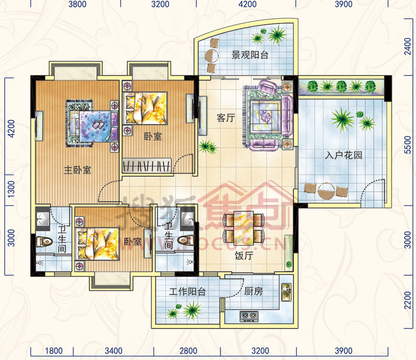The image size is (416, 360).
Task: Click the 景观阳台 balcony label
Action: click(250, 55)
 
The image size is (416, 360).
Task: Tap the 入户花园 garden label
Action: click(343, 155)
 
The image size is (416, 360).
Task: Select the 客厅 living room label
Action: click(226, 118)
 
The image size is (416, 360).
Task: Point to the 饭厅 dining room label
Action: click(244, 256)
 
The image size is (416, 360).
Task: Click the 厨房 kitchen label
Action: click(253, 291)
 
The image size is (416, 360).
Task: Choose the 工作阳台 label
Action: click(187, 291)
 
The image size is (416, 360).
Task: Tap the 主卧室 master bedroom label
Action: click(77, 170)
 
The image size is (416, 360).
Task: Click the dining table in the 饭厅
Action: click(244, 228)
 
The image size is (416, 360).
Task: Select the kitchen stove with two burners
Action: click(249, 315)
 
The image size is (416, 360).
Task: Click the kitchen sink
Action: click(287, 292)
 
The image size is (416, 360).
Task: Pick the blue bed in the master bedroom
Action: click(95, 126)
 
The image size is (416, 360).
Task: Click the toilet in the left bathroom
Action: click(44, 241)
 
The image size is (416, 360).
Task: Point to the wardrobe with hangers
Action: click(147, 166)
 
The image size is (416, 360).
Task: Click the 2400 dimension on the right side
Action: click(408, 46)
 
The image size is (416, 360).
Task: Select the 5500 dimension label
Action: click(408, 145)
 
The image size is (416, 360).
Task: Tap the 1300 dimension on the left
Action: click(11, 189)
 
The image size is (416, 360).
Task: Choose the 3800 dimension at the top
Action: click(77, 4)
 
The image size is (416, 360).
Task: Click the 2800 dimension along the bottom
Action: click(188, 351)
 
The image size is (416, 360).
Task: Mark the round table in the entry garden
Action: click(327, 191)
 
